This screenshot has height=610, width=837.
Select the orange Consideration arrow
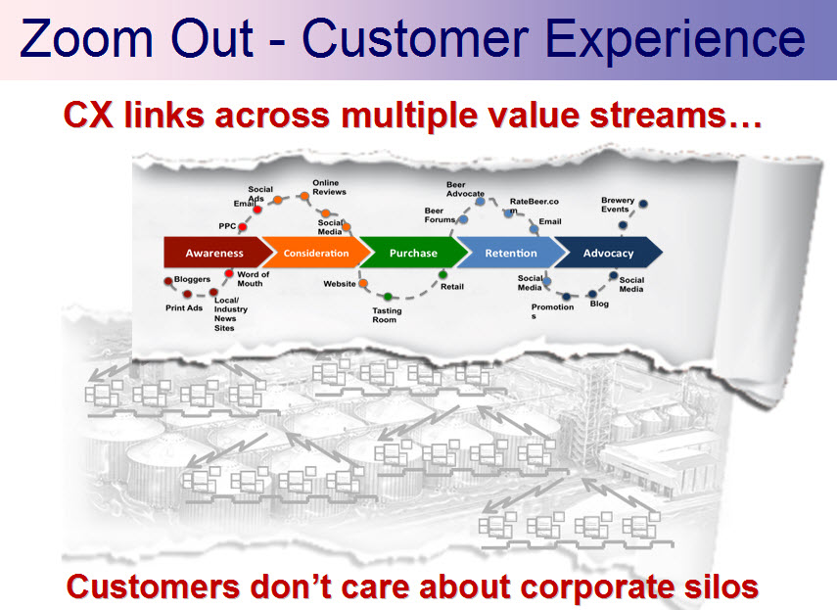click(x=315, y=254)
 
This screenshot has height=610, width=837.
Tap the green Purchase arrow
click(x=413, y=254)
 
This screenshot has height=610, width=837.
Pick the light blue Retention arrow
click(x=511, y=254)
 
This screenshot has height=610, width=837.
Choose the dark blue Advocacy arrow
click(x=608, y=254)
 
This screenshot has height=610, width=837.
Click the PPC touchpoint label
click(x=227, y=226)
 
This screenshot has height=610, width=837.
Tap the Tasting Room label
click(x=385, y=315)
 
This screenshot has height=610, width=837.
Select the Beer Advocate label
click(x=465, y=189)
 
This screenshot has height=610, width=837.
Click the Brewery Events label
click(x=618, y=205)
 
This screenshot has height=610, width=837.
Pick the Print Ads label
click(x=183, y=307)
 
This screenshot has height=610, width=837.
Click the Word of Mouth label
click(x=253, y=279)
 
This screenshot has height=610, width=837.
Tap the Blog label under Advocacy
click(x=599, y=304)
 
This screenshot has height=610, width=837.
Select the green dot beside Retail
click(x=443, y=274)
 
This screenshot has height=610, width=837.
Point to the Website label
click(x=340, y=284)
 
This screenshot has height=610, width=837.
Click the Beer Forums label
click(x=440, y=214)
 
